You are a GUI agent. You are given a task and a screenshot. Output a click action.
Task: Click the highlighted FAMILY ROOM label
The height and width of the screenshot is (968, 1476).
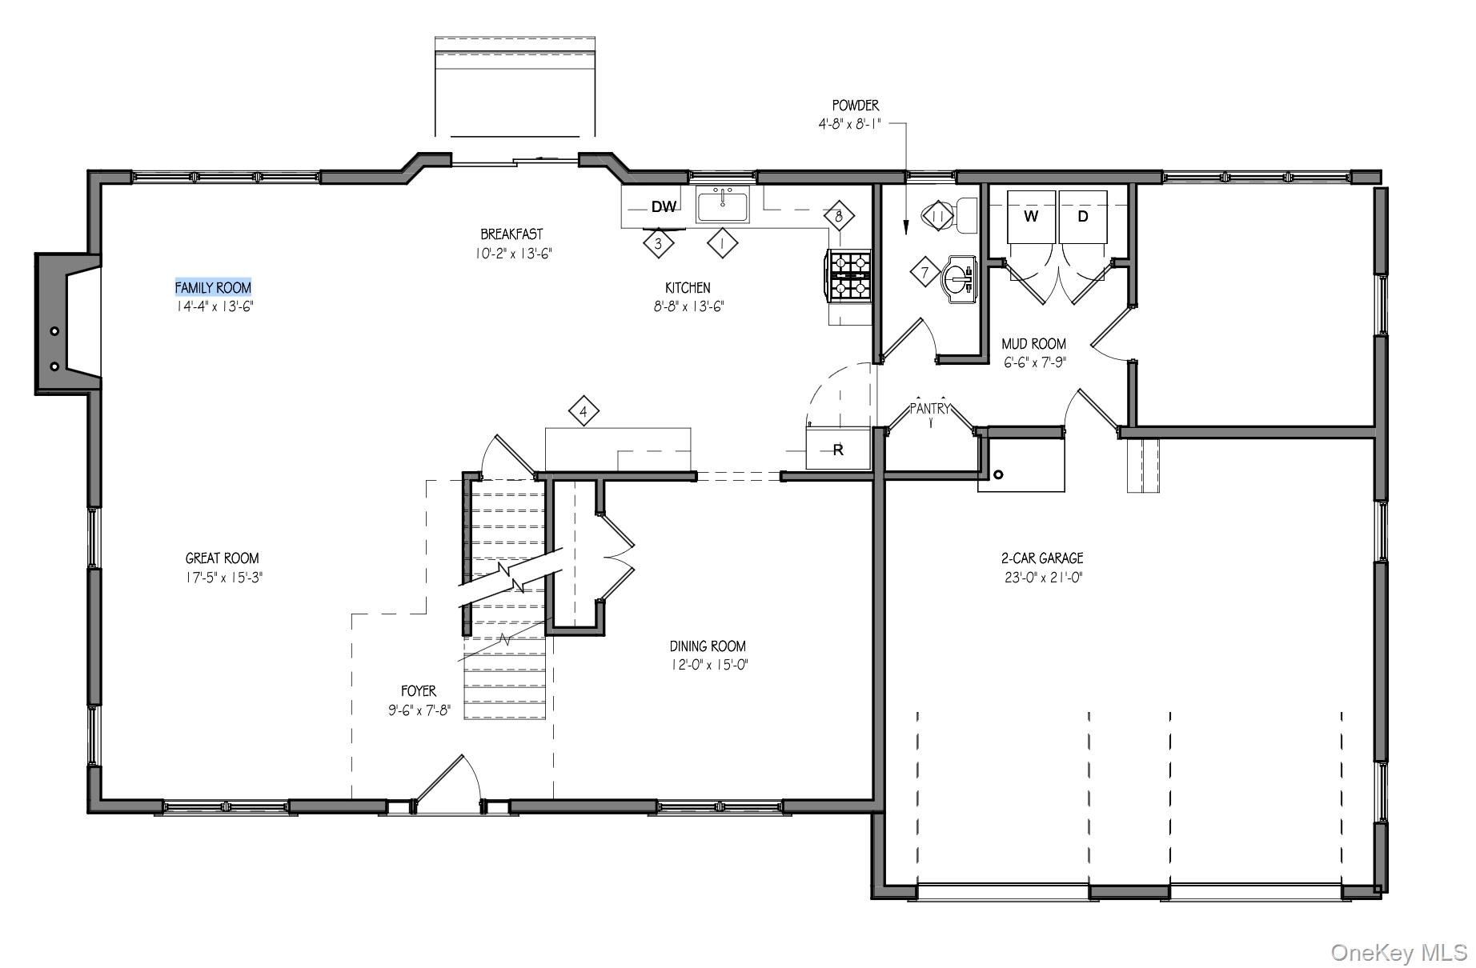click(213, 287)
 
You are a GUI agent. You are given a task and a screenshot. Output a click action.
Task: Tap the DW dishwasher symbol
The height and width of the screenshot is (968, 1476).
click(664, 207)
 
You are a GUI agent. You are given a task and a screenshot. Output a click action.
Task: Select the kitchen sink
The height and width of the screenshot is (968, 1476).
click(723, 206)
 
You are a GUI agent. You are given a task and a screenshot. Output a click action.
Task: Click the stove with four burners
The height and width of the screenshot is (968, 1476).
click(850, 275)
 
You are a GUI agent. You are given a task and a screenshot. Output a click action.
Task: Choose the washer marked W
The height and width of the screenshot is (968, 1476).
click(1031, 217)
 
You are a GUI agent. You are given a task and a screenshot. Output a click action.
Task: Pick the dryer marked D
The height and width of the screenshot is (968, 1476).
click(1083, 217)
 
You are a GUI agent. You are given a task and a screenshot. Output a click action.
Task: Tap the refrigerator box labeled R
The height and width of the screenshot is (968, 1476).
click(837, 449)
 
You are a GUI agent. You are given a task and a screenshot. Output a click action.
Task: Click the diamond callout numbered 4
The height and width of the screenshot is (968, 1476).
click(584, 412)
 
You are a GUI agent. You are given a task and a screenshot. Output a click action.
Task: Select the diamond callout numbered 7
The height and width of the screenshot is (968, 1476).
click(925, 273)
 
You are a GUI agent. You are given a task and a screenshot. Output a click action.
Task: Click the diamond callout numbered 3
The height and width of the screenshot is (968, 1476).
click(658, 243)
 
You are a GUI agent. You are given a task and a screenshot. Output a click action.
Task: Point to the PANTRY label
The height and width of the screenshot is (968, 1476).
click(930, 409)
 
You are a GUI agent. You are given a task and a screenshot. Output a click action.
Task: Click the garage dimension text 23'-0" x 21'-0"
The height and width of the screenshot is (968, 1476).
click(1041, 577)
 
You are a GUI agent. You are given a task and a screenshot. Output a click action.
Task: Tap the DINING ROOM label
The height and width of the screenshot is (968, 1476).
click(708, 646)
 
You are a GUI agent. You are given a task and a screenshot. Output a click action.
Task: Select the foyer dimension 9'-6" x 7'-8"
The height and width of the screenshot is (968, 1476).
click(419, 710)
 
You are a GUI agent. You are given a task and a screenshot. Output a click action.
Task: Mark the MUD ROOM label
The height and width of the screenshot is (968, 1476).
click(1033, 343)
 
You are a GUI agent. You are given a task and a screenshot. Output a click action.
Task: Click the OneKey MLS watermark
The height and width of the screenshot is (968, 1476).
click(1398, 952)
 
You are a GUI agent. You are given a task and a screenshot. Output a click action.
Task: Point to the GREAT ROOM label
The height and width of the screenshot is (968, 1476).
click(222, 558)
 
